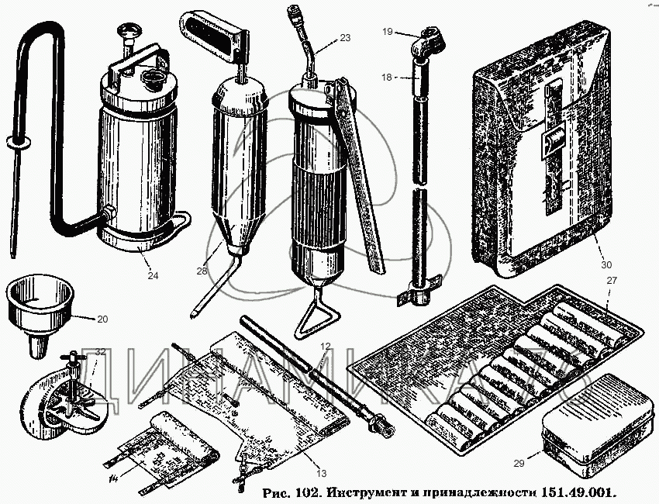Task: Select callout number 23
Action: tap(345, 36)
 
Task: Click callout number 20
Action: tap(103, 319)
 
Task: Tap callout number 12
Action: tap(326, 345)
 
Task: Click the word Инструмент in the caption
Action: tap(365, 492)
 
